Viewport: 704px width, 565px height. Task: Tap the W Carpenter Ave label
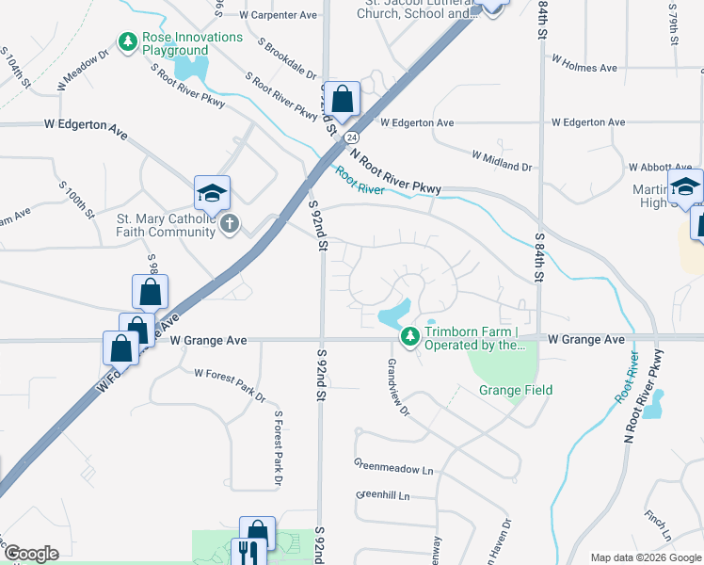[278, 15]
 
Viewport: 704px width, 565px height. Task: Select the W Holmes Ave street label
[584, 68]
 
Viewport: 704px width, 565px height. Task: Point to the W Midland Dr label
[502, 160]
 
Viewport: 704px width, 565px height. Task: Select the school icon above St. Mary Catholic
[212, 193]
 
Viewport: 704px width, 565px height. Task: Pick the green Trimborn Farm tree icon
[409, 336]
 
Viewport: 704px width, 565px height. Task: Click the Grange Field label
[515, 390]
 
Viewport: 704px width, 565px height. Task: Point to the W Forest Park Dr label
[230, 385]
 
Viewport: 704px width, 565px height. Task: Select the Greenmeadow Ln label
[393, 466]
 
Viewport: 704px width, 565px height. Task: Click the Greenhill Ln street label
[383, 495]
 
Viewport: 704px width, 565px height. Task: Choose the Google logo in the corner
[31, 554]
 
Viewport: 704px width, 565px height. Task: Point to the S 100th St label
[76, 197]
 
